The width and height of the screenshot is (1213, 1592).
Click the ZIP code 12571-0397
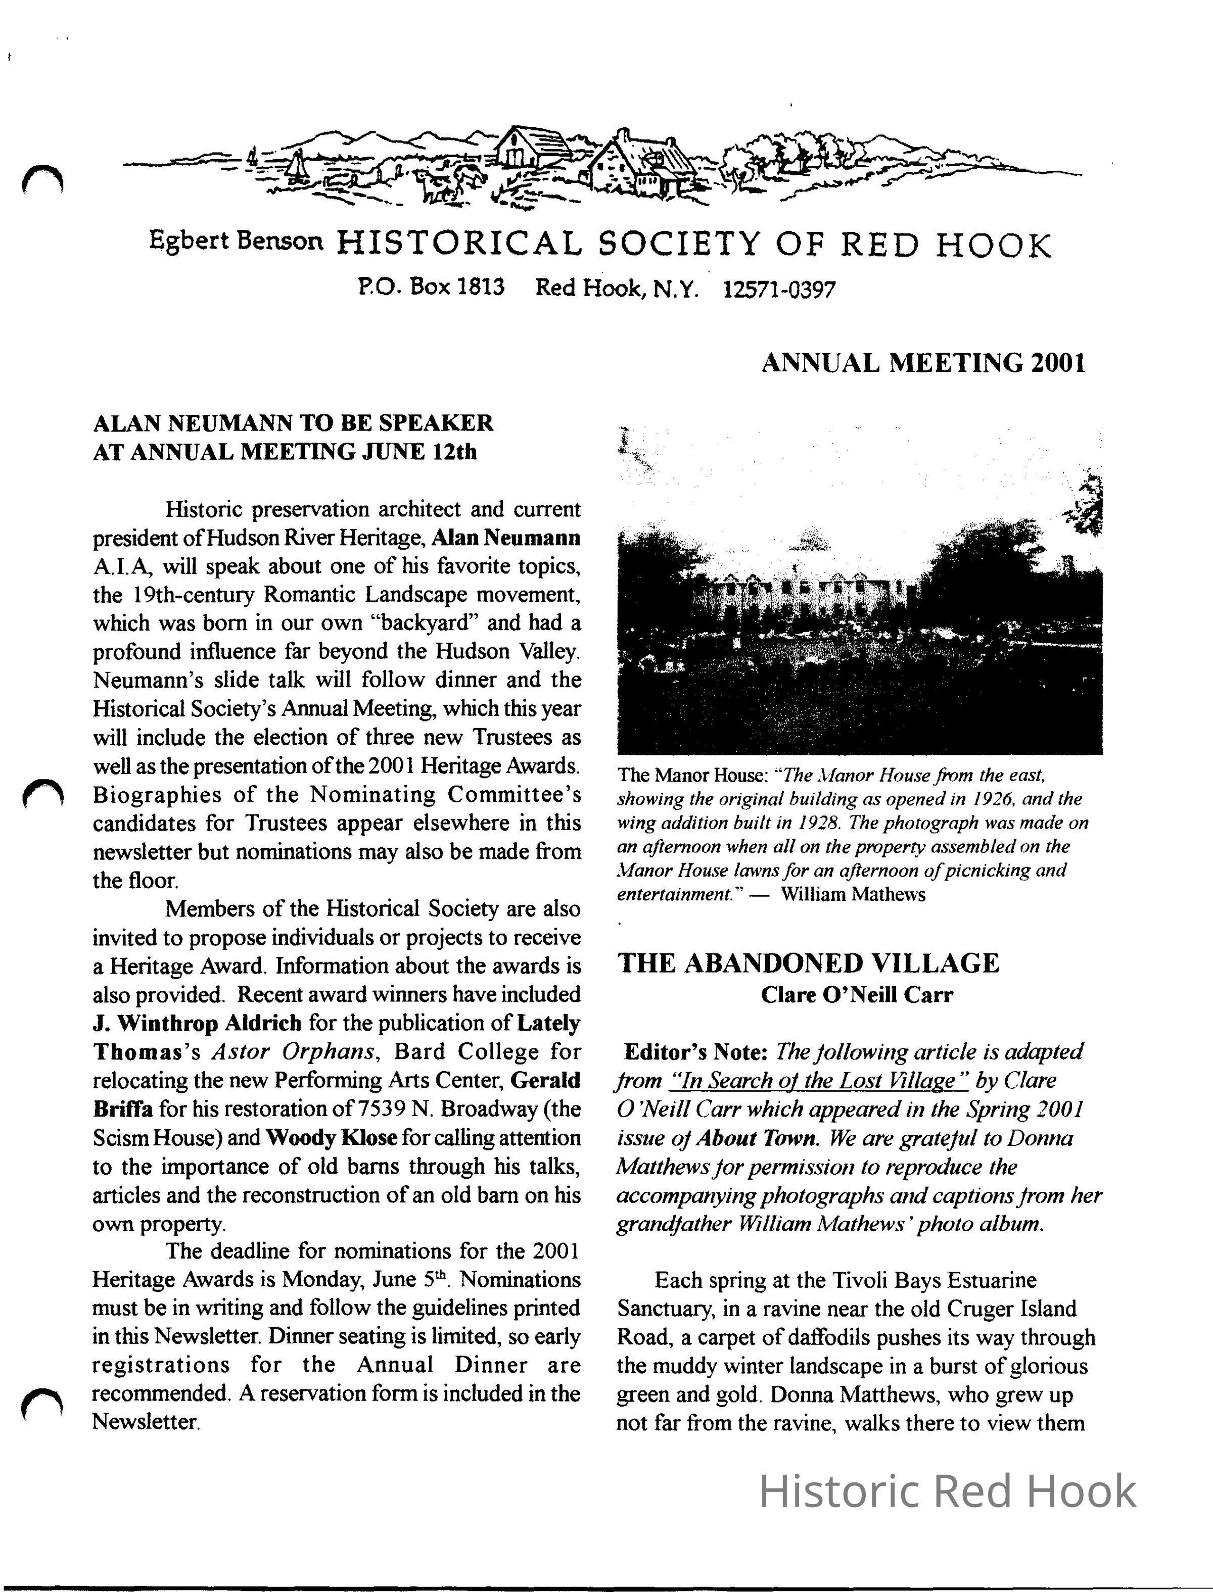point(778,290)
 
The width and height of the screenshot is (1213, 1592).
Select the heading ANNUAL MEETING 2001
point(923,362)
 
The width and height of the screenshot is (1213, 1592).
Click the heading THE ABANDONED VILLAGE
point(809,962)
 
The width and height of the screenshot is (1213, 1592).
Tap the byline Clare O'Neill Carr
point(857,995)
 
